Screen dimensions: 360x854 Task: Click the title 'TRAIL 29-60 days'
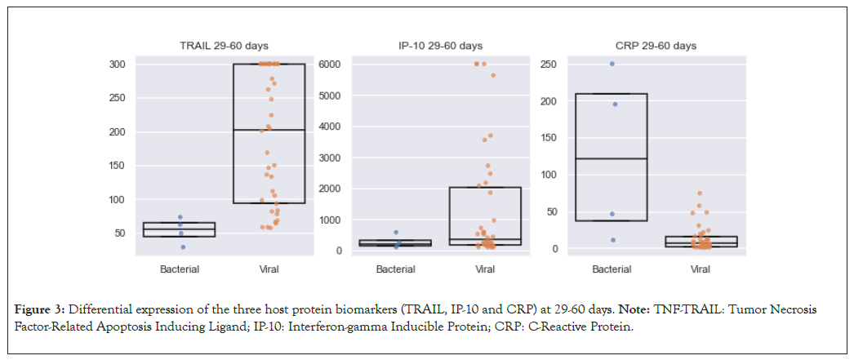224,46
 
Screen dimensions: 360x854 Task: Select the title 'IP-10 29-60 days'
440,46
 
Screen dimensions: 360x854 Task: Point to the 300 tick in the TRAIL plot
118,64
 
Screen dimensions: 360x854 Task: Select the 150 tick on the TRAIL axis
118,166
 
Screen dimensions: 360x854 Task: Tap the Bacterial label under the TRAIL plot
180,269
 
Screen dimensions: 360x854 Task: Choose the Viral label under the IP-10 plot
485,269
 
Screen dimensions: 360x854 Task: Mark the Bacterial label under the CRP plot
612,269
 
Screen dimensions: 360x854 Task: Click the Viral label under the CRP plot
700,269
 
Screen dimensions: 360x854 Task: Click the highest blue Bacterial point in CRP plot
612,64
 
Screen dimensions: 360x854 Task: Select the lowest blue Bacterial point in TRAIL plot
183,247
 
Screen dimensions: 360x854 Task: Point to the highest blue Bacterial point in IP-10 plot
396,233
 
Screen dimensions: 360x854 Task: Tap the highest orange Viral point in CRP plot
700,193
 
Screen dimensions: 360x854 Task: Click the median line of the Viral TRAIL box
269,130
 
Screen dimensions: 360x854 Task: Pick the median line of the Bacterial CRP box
612,158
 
